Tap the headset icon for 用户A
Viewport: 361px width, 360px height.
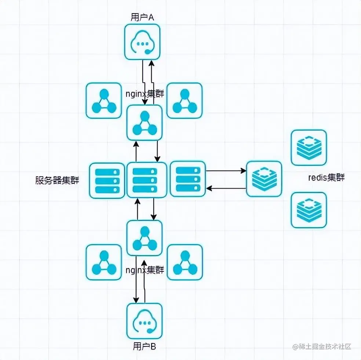coord(142,42)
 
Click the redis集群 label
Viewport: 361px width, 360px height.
coord(326,178)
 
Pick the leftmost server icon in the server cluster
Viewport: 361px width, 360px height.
coord(107,180)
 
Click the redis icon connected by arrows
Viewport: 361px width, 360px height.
coord(264,179)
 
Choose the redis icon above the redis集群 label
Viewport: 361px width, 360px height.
coord(309,147)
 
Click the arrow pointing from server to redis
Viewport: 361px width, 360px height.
coord(226,171)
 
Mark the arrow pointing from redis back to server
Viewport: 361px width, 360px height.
coord(226,188)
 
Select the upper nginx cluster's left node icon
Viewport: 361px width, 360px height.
coord(103,100)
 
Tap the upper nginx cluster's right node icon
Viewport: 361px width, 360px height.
coord(185,100)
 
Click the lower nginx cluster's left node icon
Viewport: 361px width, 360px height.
coord(103,262)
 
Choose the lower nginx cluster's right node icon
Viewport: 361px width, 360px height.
coord(185,262)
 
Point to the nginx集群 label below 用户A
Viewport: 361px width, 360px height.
coord(144,94)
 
